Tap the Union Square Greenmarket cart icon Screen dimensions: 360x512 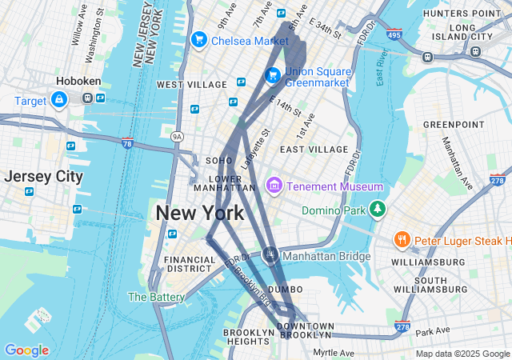tap(272, 75)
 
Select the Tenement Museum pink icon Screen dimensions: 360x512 tap(274, 186)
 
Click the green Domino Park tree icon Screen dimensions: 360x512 tap(378, 210)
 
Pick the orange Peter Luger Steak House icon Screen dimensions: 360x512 tap(402, 239)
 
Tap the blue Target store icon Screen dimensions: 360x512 tap(58, 101)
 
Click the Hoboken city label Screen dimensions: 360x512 tap(77, 81)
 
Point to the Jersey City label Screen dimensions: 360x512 tap(43, 177)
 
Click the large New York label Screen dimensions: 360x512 tap(199, 213)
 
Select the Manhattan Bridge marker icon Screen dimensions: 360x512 tap(270, 256)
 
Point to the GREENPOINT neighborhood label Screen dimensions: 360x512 tap(454, 125)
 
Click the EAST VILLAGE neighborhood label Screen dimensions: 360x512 tap(314, 150)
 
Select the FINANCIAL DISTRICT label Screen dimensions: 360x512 tap(190, 265)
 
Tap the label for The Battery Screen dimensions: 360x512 tap(157, 297)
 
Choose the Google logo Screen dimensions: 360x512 tap(26, 350)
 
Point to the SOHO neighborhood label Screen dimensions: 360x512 tap(219, 161)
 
